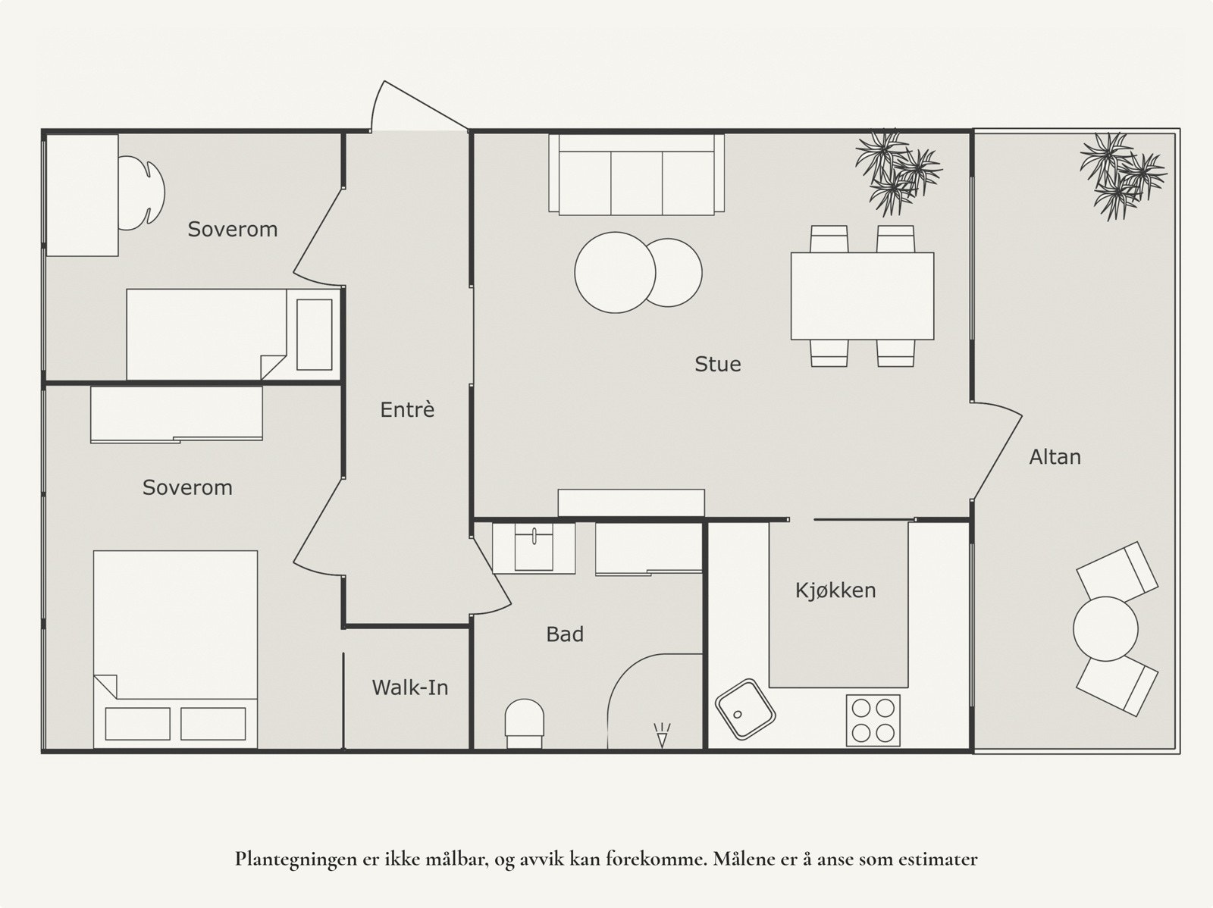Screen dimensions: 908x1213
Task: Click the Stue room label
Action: tap(717, 365)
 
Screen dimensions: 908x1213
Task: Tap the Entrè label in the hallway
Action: tap(407, 410)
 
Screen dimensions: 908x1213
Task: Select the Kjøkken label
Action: tap(835, 590)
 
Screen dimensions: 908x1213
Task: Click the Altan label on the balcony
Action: tap(1055, 457)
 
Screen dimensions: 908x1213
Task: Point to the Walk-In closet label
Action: tap(409, 688)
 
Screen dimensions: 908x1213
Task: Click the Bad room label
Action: tap(565, 634)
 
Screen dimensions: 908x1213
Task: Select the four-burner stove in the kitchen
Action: tap(873, 720)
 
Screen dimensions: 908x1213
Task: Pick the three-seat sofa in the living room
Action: tap(636, 176)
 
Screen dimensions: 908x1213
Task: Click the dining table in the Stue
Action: tap(862, 296)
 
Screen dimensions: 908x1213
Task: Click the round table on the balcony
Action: tap(1105, 629)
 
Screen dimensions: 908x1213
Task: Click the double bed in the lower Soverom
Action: tap(175, 648)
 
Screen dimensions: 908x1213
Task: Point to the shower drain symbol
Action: tap(662, 734)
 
